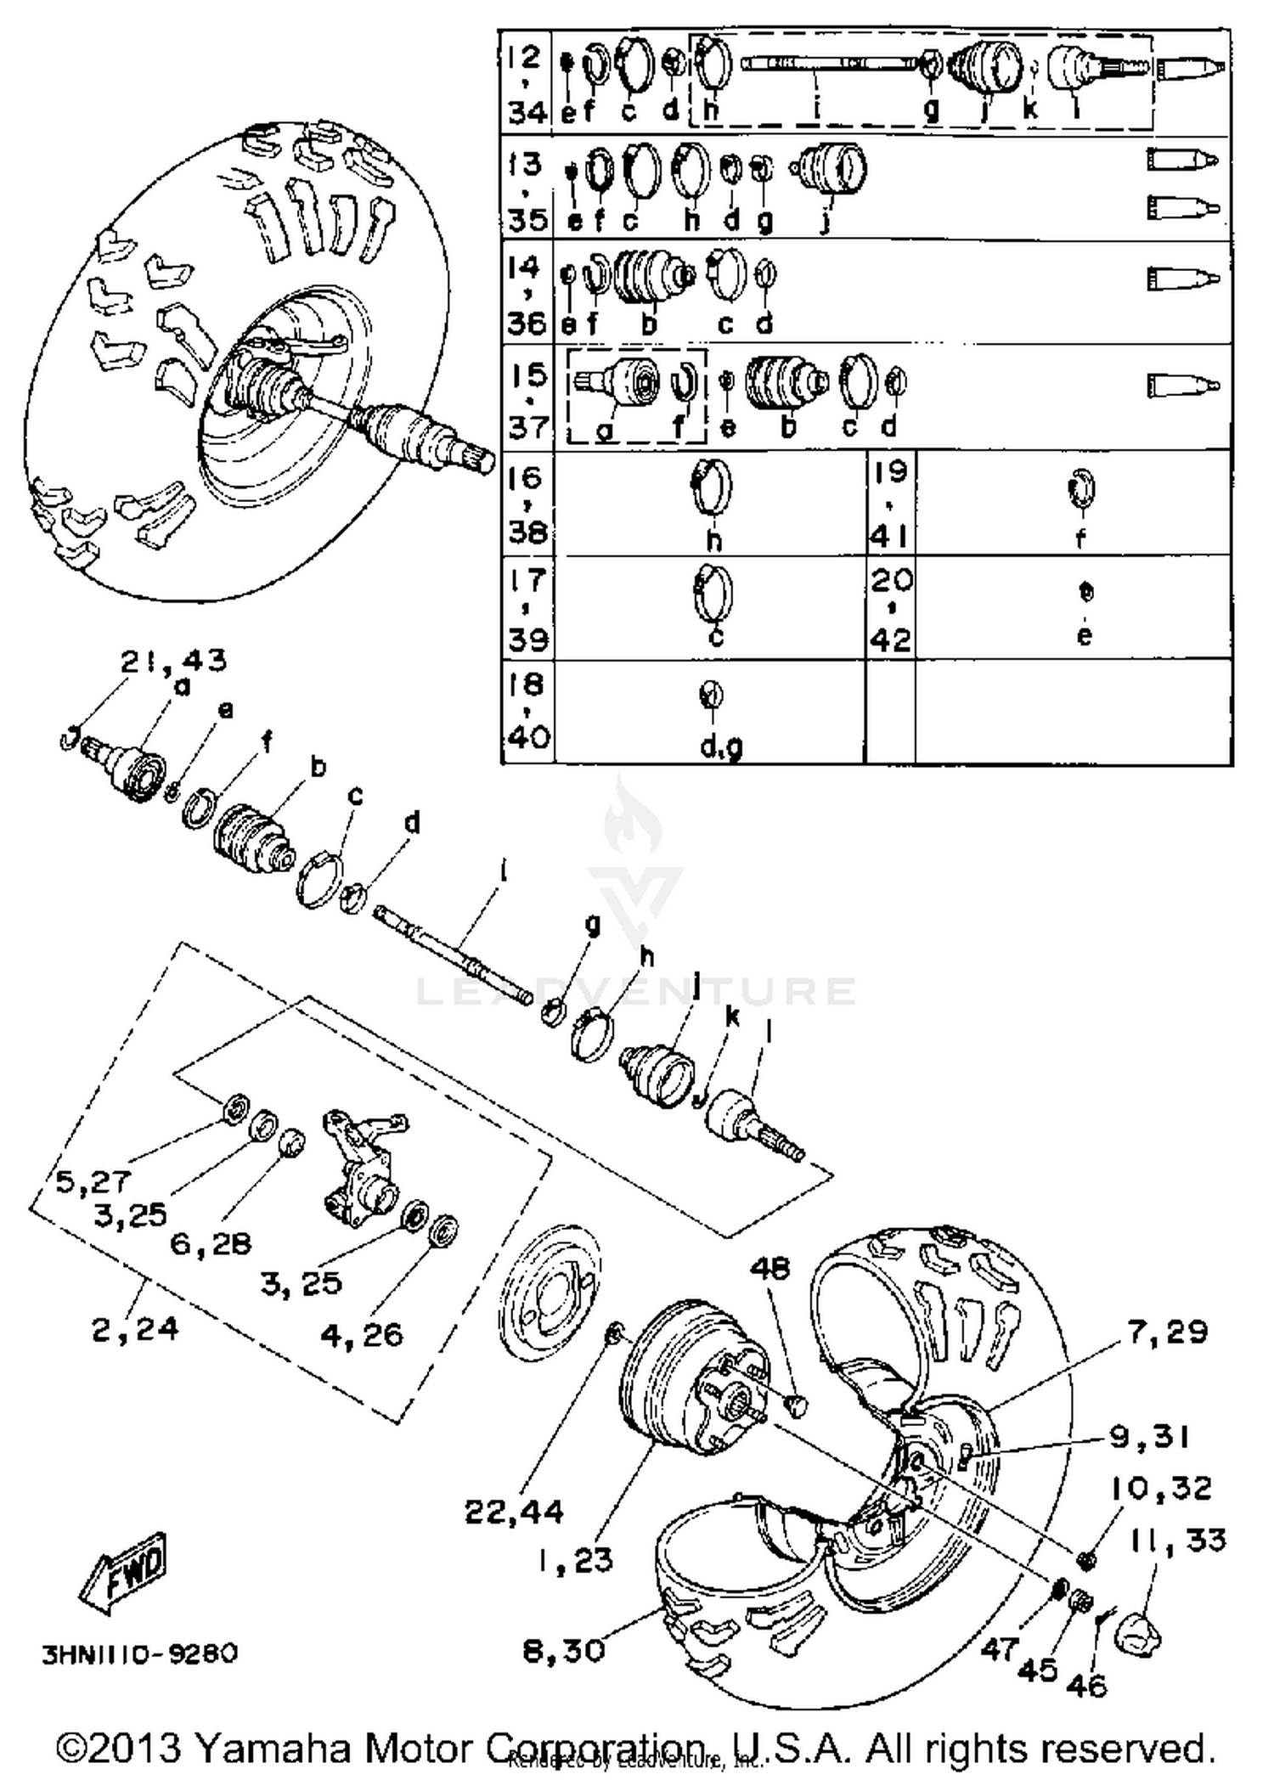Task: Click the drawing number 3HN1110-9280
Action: pyautogui.click(x=140, y=1654)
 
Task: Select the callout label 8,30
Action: pyautogui.click(x=564, y=1651)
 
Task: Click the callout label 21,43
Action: pyautogui.click(x=173, y=661)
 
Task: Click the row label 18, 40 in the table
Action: pyautogui.click(x=527, y=710)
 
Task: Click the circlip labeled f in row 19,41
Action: pyautogui.click(x=1081, y=490)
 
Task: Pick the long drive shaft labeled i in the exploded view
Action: pyautogui.click(x=454, y=954)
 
